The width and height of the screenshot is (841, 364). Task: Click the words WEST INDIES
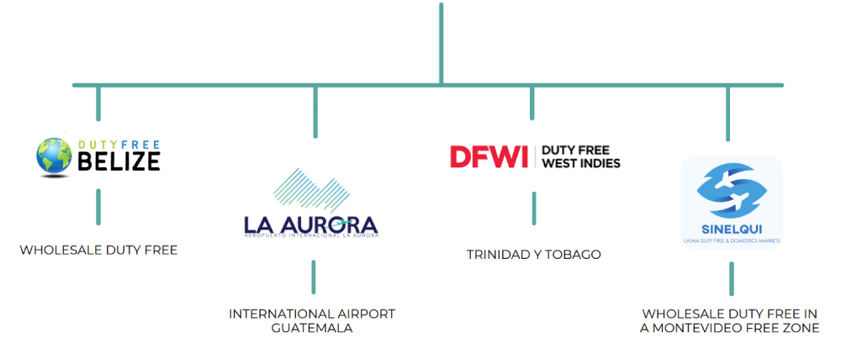[581, 163]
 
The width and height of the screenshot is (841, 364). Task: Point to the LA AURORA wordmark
[310, 224]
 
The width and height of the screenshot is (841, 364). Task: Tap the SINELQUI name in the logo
[731, 229]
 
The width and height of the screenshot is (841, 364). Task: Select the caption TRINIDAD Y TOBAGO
[533, 254]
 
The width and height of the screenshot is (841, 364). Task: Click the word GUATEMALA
[311, 328]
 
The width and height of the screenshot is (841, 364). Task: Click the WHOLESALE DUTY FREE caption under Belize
[98, 250]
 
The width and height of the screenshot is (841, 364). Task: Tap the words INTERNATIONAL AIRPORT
[311, 314]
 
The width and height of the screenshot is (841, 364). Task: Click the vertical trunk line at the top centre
[440, 42]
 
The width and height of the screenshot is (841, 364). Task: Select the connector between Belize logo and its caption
[98, 206]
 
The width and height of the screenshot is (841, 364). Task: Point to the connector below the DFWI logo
[533, 208]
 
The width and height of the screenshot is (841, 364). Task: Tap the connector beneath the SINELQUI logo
[731, 278]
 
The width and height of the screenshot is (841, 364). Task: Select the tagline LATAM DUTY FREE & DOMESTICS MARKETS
[731, 240]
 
